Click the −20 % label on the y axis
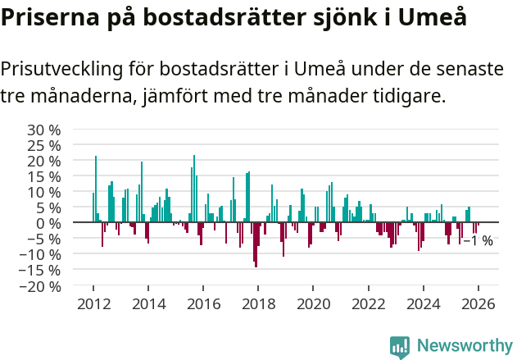pyautogui.click(x=39, y=286)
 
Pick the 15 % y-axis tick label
pyautogui.click(x=44, y=176)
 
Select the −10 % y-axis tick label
pyautogui.click(x=39, y=255)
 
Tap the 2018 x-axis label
pyautogui.click(x=258, y=303)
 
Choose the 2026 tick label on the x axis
pyautogui.click(x=478, y=303)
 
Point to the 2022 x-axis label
pyautogui.click(x=368, y=303)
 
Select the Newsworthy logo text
pyautogui.click(x=465, y=345)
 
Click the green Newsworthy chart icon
pyautogui.click(x=400, y=346)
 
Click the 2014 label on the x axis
pyautogui.click(x=148, y=303)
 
